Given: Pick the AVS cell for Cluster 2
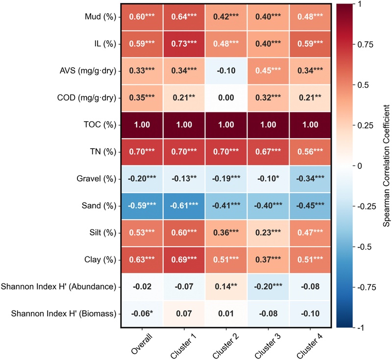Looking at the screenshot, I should click(x=226, y=70).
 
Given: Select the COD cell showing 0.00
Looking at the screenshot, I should click(x=226, y=97).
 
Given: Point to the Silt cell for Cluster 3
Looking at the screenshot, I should click(x=268, y=232).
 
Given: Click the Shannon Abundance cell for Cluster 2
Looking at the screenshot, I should click(x=226, y=286).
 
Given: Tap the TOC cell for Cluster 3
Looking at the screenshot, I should click(x=268, y=124).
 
